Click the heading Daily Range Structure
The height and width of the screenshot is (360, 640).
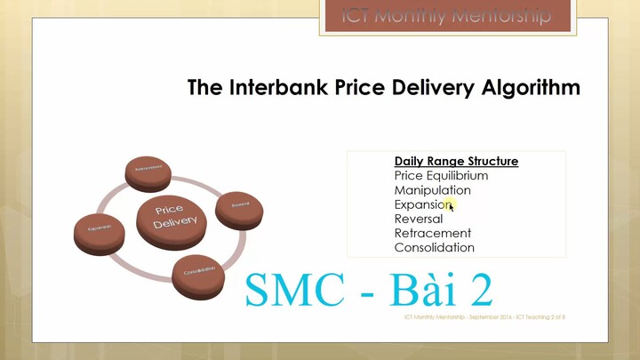tap(456, 162)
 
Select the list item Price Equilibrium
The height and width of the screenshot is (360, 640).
tap(441, 176)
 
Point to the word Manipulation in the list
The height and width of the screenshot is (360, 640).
tap(432, 190)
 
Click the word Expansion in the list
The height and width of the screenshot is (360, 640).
tap(422, 204)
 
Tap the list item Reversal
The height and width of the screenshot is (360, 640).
tap(418, 219)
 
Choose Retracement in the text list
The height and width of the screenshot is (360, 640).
tap(432, 233)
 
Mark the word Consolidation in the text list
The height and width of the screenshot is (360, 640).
tap(434, 248)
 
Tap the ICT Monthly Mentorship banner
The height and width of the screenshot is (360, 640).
tap(446, 16)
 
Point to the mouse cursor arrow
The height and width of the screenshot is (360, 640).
tap(452, 207)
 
